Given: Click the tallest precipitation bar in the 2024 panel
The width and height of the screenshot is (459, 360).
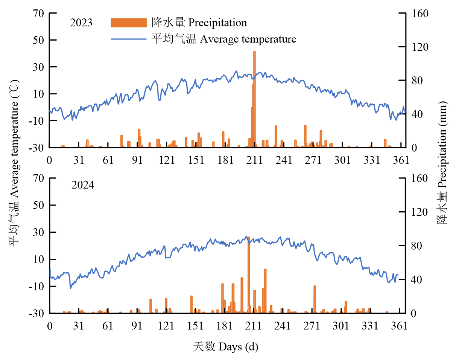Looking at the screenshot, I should point(249,275).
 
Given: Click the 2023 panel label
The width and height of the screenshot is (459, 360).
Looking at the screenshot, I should point(81,23).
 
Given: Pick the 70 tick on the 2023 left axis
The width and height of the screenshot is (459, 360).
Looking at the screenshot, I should point(39,14).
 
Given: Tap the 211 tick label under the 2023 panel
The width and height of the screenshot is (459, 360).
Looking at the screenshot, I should point(255,160).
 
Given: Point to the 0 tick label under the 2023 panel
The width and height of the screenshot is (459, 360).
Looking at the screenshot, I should point(50,160).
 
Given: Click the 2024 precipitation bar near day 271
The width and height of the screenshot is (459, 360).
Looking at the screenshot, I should point(315,299).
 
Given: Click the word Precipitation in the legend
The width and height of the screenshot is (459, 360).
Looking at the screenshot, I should point(217,23).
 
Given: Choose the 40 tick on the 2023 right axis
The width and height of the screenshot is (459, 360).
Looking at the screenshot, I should point(415,114).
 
